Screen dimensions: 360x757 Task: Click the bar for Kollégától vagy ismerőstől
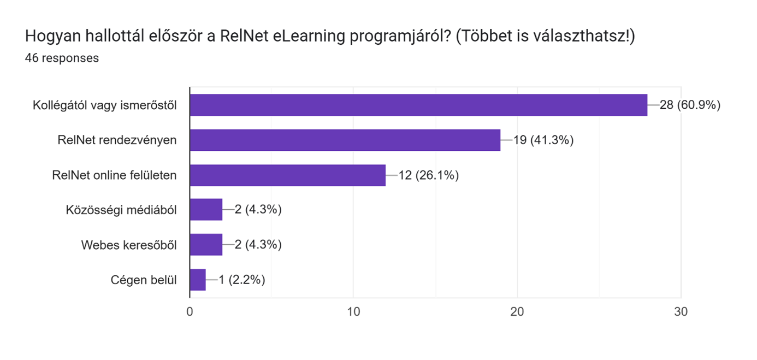click(418, 105)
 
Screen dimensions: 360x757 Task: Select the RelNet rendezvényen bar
click(345, 140)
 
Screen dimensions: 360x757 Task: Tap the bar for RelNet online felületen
click(288, 175)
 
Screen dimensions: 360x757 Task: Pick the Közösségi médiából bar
click(206, 210)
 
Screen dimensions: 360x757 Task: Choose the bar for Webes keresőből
click(206, 245)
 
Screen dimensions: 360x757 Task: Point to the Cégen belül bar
click(198, 280)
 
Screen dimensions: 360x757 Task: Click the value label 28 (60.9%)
click(690, 105)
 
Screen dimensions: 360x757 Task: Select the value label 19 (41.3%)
click(543, 140)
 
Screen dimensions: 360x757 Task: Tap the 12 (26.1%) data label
click(428, 175)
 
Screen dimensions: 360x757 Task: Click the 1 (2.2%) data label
click(242, 280)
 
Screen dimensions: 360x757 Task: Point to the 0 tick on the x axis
click(190, 312)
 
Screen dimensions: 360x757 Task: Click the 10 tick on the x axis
click(353, 312)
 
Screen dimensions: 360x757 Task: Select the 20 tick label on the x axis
click(517, 312)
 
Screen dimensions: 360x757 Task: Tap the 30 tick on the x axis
click(681, 312)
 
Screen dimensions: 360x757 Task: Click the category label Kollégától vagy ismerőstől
click(104, 105)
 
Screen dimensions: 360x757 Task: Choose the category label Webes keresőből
click(129, 245)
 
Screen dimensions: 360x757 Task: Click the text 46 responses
click(62, 58)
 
